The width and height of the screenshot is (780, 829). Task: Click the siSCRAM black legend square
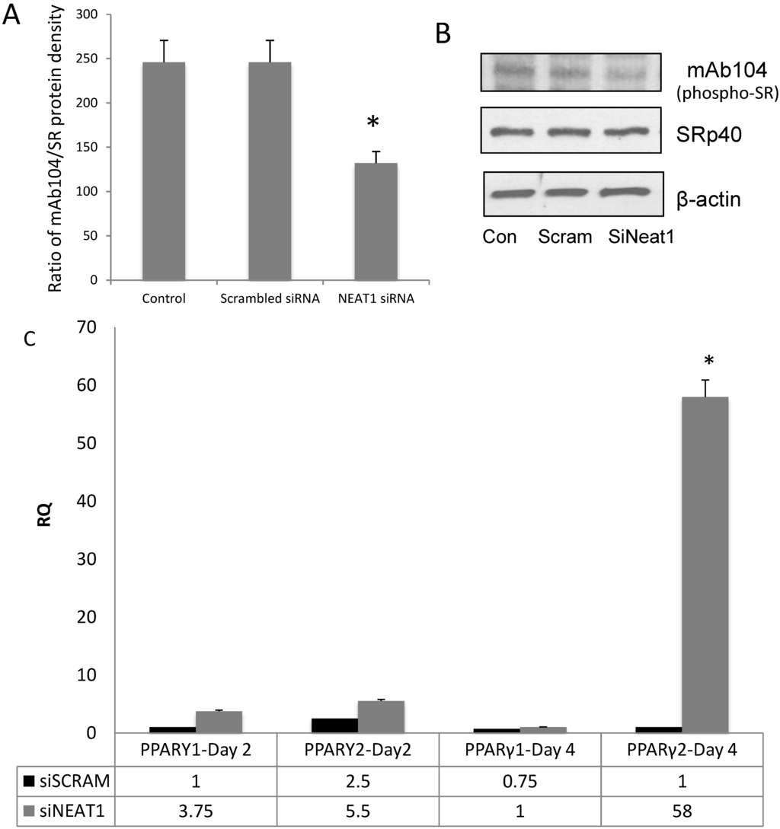click(28, 780)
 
